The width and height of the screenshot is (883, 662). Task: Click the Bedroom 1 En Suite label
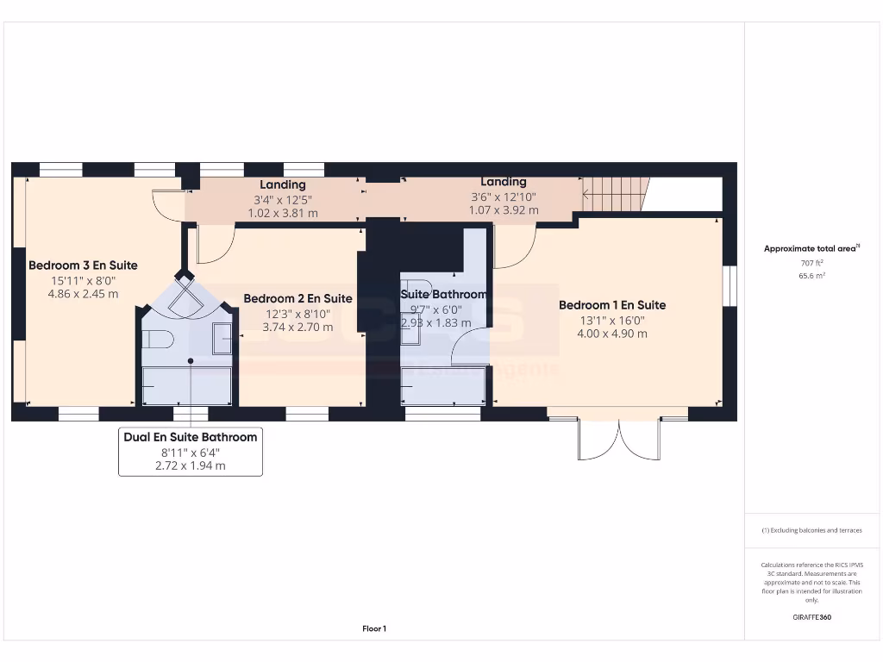pos(611,305)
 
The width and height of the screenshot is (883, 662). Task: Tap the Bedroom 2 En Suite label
pos(297,298)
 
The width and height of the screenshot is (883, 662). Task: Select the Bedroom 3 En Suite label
pos(83,265)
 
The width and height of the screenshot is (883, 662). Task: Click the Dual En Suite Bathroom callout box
pos(190,452)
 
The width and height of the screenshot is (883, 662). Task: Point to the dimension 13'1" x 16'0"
pos(611,320)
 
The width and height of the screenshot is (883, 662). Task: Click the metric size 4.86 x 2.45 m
pos(83,294)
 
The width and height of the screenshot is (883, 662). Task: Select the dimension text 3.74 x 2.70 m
pos(297,328)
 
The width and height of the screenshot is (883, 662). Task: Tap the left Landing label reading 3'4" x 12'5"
pos(283,199)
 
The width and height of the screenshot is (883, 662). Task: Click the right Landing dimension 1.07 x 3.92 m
pos(504,209)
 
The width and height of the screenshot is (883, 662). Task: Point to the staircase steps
pos(615,194)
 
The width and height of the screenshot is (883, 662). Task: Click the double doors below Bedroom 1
pos(619,439)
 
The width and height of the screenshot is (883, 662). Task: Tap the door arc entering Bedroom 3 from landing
pos(167,203)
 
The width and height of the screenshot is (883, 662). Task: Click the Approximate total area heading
pos(811,248)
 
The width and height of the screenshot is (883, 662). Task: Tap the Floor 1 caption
pos(374,629)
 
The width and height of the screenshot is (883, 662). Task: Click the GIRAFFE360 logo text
pos(811,617)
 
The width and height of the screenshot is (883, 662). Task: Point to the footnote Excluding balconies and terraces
pos(811,530)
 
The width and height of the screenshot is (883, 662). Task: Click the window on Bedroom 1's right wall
pos(729,285)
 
